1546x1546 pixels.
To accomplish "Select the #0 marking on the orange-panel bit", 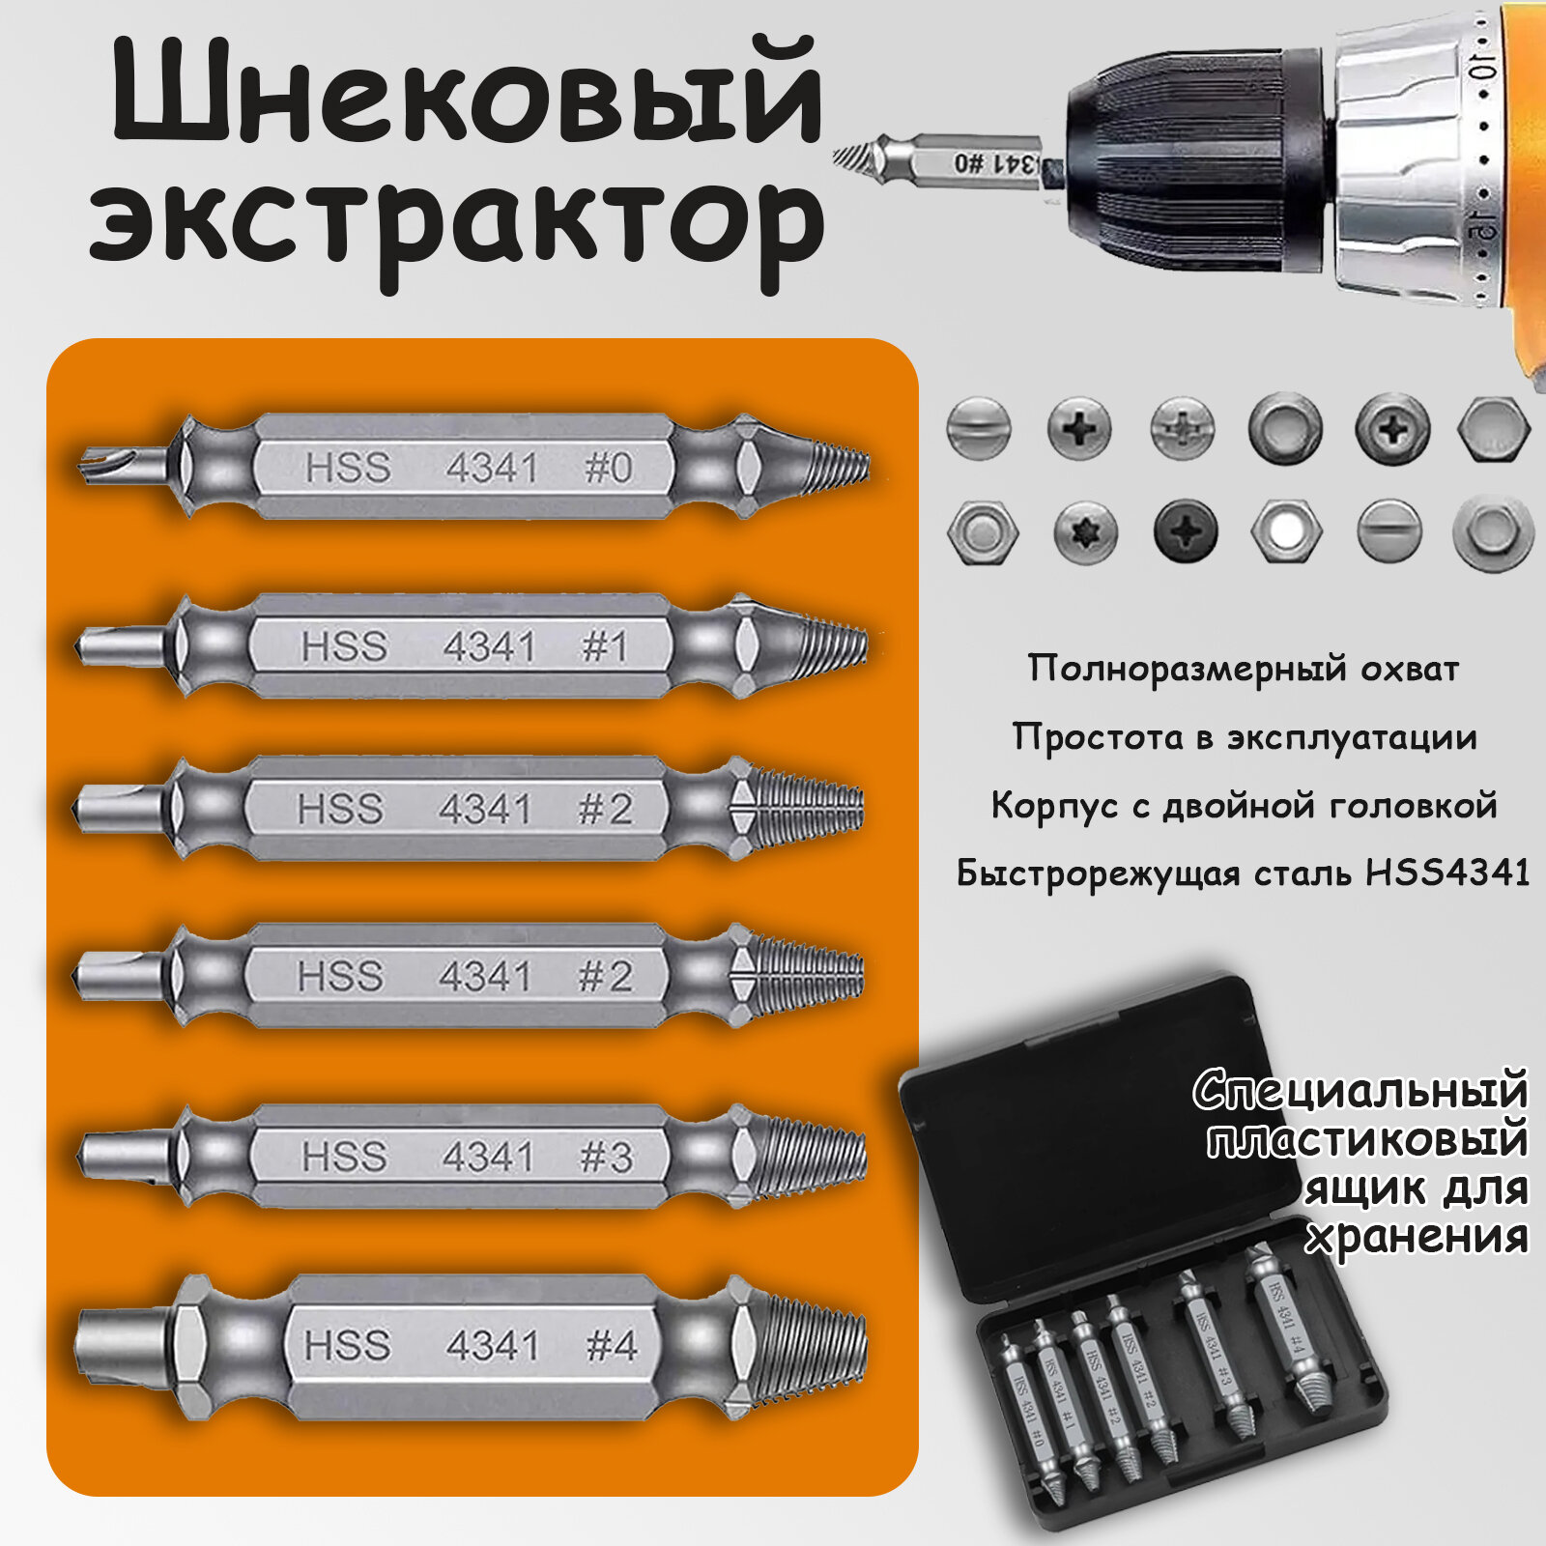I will (608, 469).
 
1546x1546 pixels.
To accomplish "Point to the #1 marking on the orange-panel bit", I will (605, 646).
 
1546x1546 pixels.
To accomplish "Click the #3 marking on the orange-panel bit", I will (606, 1157).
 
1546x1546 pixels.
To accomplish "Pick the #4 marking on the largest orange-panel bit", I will (612, 1345).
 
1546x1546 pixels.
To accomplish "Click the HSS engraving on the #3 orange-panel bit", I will (345, 1157).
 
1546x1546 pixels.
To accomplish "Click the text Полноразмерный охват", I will (1243, 669).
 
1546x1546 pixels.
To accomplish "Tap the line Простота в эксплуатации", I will (1245, 737).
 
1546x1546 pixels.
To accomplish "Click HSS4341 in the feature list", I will (1446, 873).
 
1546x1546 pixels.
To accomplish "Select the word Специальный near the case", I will (1360, 1091).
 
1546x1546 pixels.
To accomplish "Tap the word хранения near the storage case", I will (1417, 1237).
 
